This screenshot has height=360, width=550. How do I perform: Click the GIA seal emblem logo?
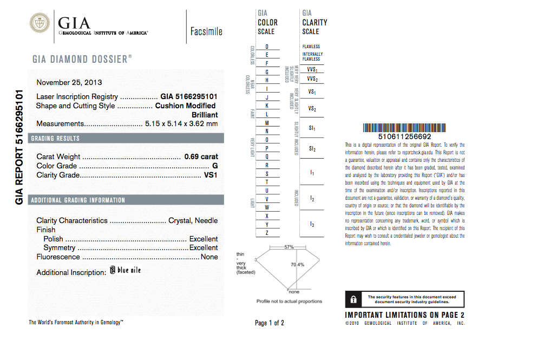pyautogui.click(x=40, y=24)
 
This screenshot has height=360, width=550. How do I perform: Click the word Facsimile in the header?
pyautogui.click(x=206, y=31)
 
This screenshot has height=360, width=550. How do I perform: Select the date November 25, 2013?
pyautogui.click(x=69, y=82)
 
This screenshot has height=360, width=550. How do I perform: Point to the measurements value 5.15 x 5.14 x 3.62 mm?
pyautogui.click(x=181, y=124)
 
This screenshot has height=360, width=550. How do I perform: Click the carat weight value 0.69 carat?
pyautogui.click(x=201, y=156)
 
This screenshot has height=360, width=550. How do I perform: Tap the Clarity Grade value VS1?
pyautogui.click(x=211, y=175)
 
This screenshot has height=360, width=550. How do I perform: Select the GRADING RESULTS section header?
pyautogui.click(x=55, y=139)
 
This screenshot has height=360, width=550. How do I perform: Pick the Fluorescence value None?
pyautogui.click(x=209, y=257)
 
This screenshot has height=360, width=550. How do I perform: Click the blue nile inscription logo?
pyautogui.click(x=125, y=270)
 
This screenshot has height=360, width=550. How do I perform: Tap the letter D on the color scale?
pyautogui.click(x=267, y=47)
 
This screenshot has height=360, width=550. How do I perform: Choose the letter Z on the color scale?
pyautogui.click(x=267, y=233)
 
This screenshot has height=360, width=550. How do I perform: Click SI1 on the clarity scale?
pyautogui.click(x=311, y=129)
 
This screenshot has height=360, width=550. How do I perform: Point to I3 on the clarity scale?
pyautogui.click(x=312, y=224)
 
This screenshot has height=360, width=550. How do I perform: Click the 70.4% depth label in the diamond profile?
pyautogui.click(x=297, y=265)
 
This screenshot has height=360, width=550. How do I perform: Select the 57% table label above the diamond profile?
pyautogui.click(x=289, y=247)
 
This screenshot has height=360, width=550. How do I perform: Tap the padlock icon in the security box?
pyautogui.click(x=353, y=299)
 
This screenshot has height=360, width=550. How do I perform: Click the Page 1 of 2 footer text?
pyautogui.click(x=269, y=323)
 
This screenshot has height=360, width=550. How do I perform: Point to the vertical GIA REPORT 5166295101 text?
pyautogui.click(x=19, y=147)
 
